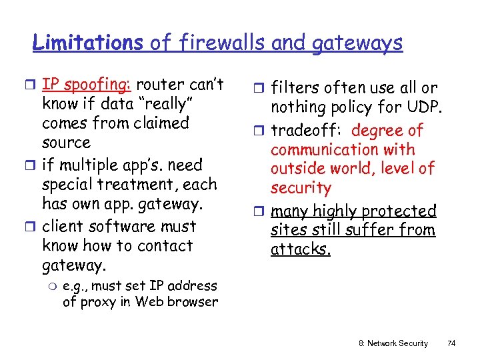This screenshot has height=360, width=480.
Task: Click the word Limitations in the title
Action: tap(87, 43)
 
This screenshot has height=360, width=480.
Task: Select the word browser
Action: tap(191, 301)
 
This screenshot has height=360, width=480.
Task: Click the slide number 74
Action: tap(451, 343)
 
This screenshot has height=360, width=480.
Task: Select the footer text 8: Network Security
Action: tap(393, 343)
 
